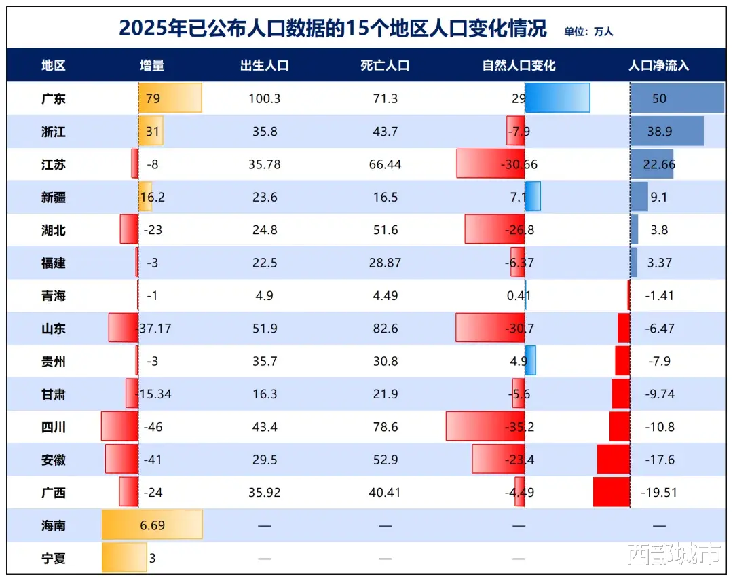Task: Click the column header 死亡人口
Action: click(385, 66)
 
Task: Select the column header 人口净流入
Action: click(658, 66)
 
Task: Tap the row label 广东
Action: click(54, 98)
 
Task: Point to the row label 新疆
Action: click(54, 198)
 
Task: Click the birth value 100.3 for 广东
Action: click(265, 98)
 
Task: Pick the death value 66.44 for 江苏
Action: click(385, 165)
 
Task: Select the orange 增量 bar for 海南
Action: click(152, 525)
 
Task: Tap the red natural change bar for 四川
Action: click(485, 427)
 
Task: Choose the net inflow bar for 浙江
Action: click(666, 131)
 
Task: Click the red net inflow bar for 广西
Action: click(611, 492)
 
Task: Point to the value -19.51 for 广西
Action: click(660, 493)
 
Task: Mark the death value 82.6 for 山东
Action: click(385, 329)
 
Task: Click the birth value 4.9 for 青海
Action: click(265, 296)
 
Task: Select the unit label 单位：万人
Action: click(588, 31)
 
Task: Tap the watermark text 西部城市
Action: click(674, 556)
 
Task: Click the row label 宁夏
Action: click(54, 559)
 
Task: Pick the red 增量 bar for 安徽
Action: click(121, 460)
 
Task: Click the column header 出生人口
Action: click(265, 66)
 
